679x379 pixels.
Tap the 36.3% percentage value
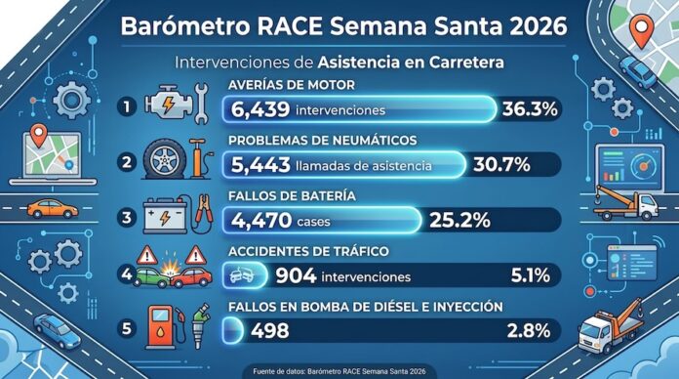click(x=529, y=108)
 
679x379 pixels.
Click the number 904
click(x=296, y=276)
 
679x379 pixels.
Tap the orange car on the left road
click(x=52, y=208)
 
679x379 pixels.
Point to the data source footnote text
click(x=339, y=369)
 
